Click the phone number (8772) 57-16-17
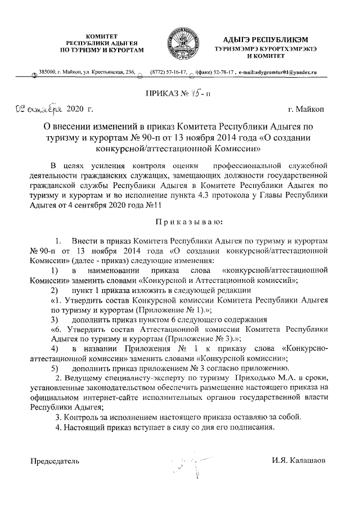[169, 73]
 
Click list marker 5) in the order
[55, 368]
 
